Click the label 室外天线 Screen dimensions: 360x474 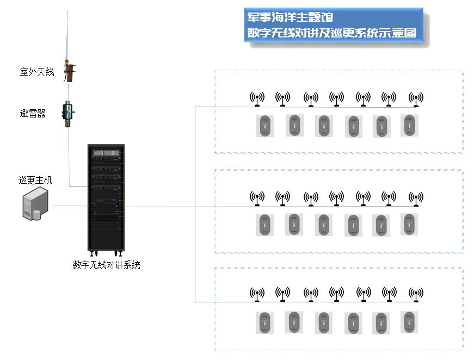tap(37, 72)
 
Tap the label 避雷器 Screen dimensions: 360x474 tap(33, 113)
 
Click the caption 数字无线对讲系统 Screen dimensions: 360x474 tap(107, 265)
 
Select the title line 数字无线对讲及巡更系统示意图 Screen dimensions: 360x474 tap(332, 33)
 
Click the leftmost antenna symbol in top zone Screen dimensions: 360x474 tap(257, 98)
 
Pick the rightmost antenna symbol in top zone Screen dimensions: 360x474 tap(416, 99)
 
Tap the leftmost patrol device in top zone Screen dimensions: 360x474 tap(265, 126)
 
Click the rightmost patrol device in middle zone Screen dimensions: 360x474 tap(409, 224)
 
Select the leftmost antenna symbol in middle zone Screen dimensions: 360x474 tap(257, 198)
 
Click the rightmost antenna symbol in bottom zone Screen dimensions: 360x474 tap(416, 294)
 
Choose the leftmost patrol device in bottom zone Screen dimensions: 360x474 tap(265, 323)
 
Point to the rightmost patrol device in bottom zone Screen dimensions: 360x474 tap(409, 322)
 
